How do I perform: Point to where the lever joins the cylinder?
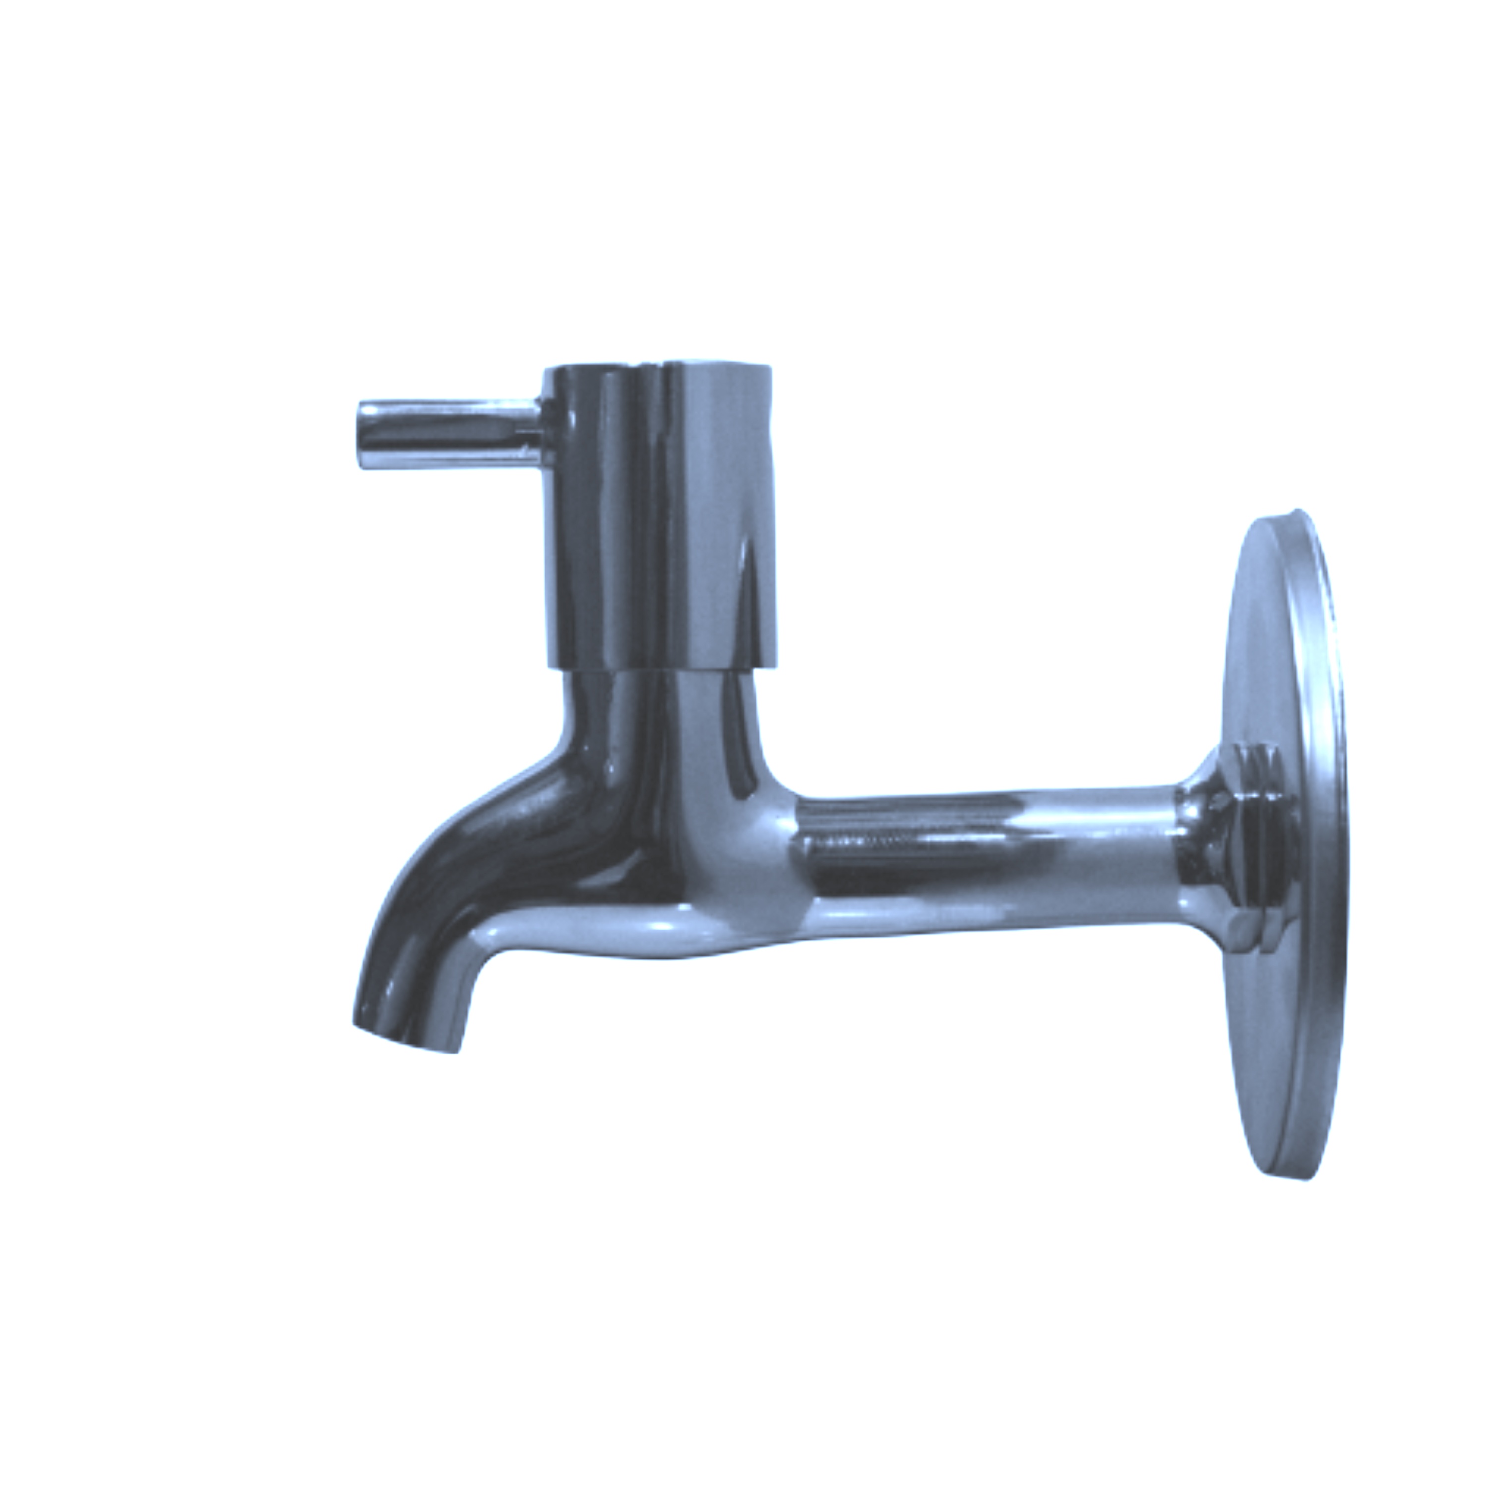point(542,433)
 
